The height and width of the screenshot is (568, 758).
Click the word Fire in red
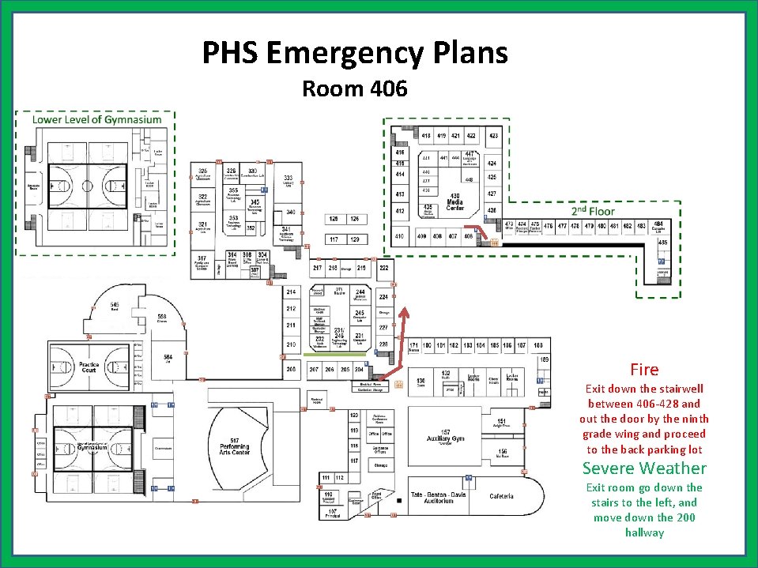(x=644, y=369)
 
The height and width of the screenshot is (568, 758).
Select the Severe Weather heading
(x=644, y=468)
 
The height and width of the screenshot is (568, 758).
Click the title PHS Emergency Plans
(x=355, y=53)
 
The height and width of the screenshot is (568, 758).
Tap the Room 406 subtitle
(x=355, y=88)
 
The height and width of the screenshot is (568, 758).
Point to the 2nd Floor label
(x=593, y=211)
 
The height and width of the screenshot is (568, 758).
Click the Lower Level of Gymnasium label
(x=96, y=119)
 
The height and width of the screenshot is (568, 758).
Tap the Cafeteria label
(x=501, y=496)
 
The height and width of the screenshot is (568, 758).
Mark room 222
(x=384, y=268)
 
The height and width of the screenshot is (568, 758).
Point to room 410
(x=400, y=236)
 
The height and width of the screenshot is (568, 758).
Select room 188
(x=538, y=345)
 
